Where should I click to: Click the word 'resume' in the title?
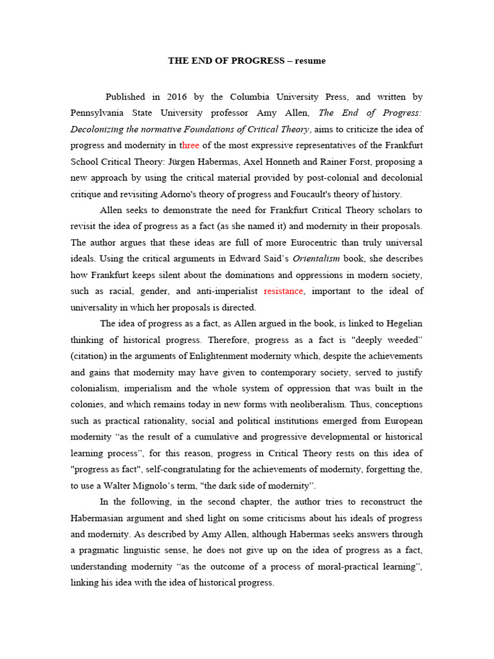(x=311, y=61)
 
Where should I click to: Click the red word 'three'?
(x=190, y=145)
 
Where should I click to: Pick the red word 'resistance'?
(x=283, y=292)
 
